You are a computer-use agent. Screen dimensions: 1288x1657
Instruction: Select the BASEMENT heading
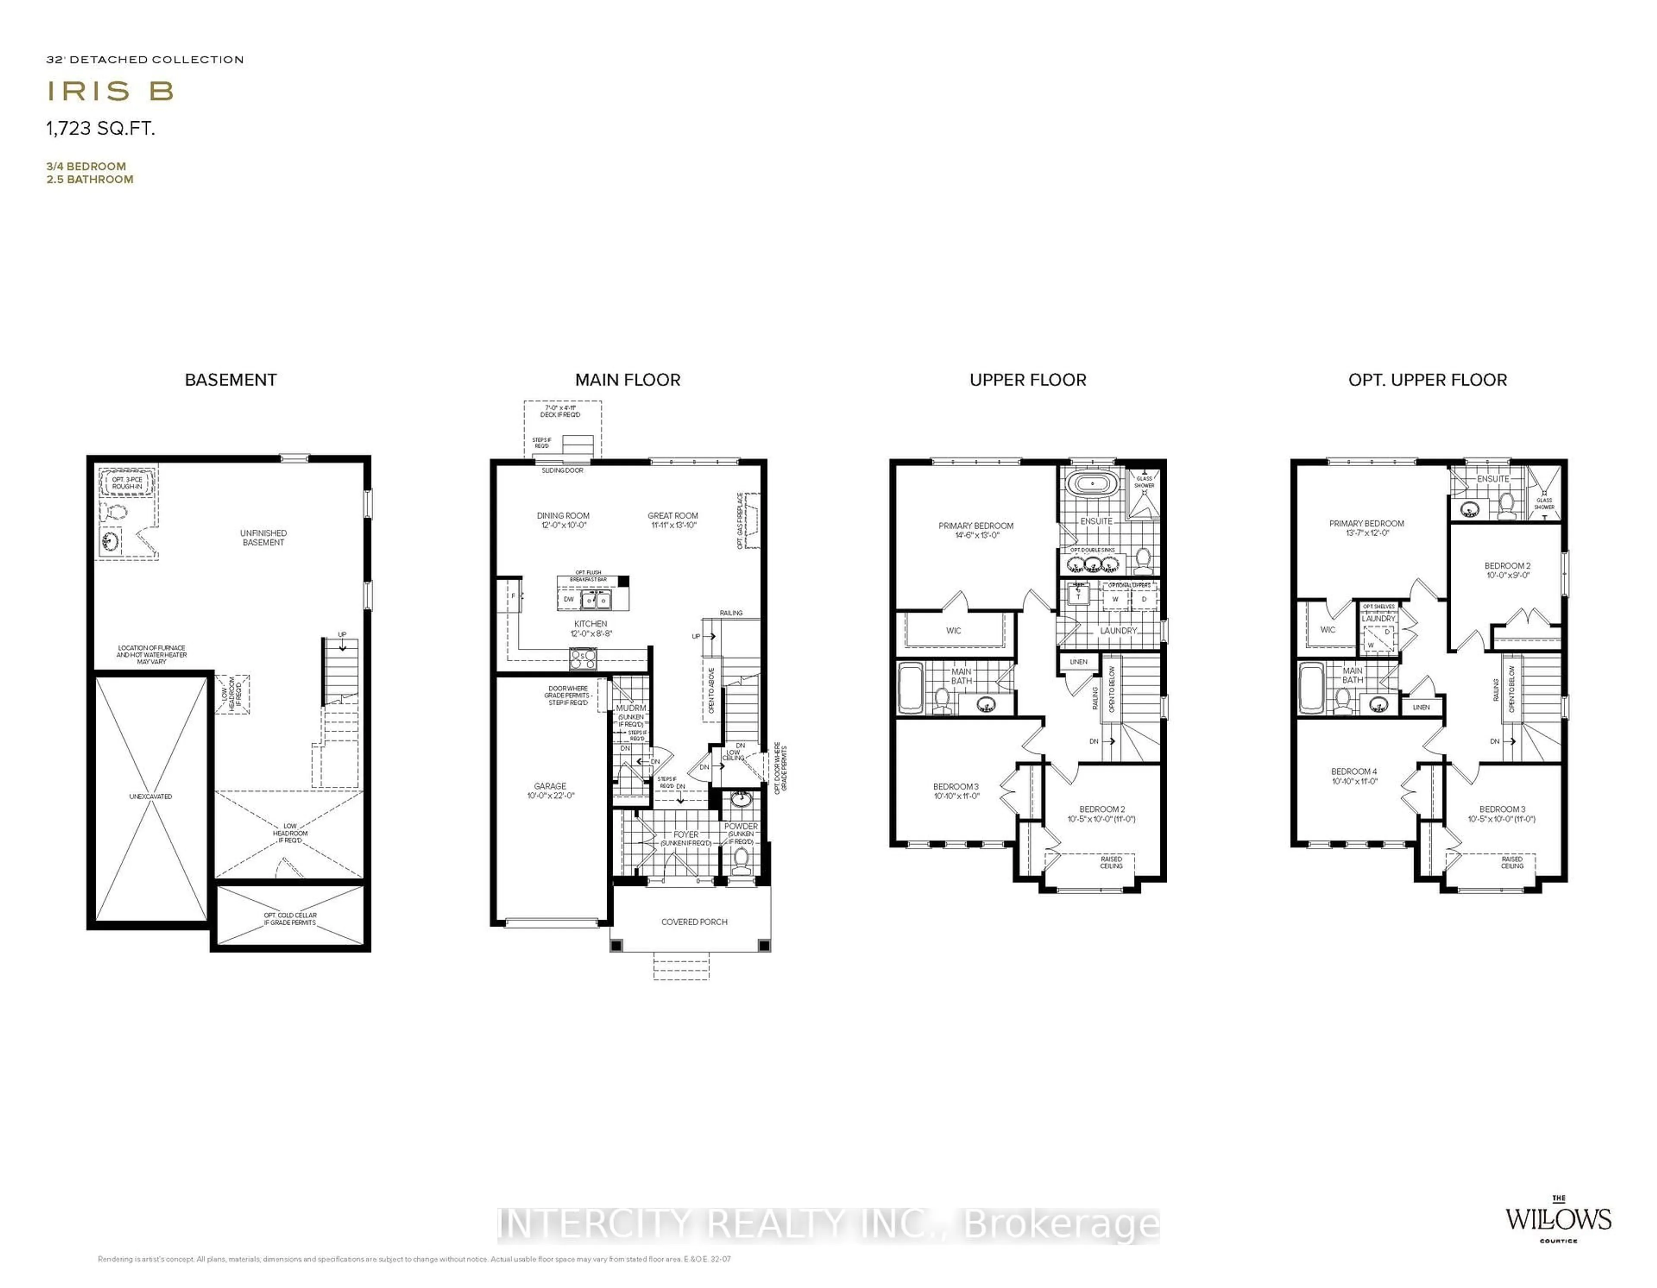[231, 380]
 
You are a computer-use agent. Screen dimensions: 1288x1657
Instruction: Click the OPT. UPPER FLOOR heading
[1427, 380]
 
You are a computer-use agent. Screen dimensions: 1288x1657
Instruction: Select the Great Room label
[673, 520]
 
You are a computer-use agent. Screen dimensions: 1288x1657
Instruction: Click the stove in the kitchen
[583, 658]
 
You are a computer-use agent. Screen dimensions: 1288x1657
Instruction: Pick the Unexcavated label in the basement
[150, 796]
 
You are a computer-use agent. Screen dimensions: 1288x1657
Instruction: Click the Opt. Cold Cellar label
[290, 919]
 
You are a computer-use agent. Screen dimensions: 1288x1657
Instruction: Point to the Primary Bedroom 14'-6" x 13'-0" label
[976, 530]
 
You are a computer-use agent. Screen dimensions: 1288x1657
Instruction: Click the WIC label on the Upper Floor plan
[954, 630]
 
